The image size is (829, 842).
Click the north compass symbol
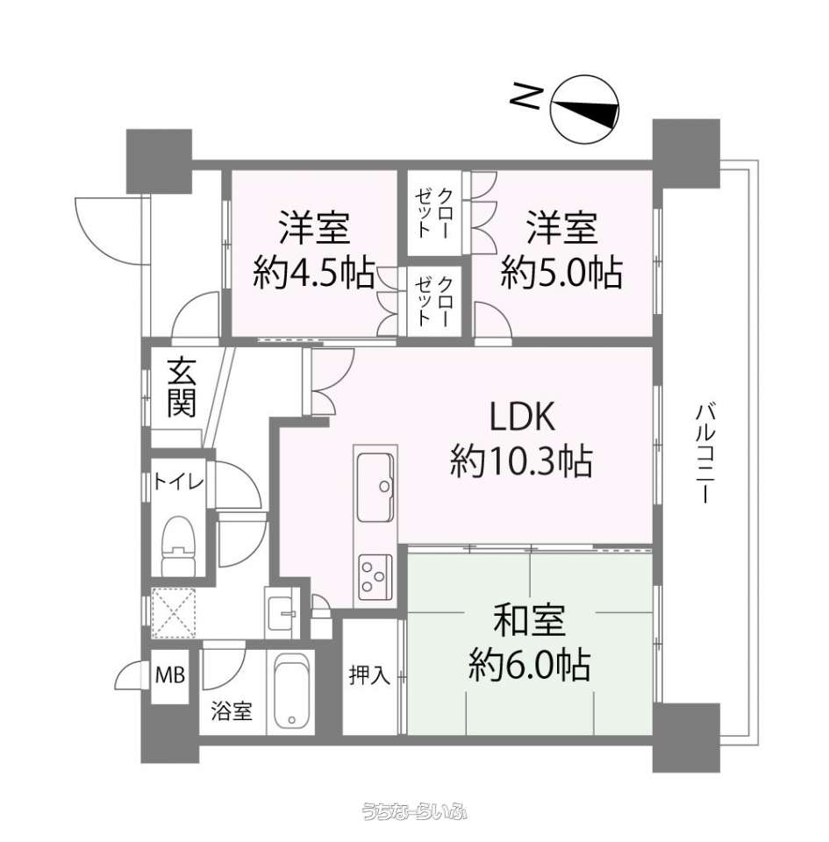point(585,109)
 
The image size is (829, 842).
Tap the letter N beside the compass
point(524,96)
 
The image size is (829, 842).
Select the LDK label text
point(521,417)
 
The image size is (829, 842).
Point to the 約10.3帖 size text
point(521,461)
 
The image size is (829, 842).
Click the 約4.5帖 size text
point(314,273)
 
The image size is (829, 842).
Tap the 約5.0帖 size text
point(561,273)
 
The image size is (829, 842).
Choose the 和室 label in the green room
point(529,621)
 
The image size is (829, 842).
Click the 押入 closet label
point(370,674)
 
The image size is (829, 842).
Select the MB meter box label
point(170,674)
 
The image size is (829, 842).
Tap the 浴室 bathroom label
point(232,711)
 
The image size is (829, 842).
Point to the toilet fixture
point(179,546)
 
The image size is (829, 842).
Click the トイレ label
point(178,482)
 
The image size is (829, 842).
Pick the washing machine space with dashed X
point(174,613)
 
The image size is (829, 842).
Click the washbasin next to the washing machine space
point(282,613)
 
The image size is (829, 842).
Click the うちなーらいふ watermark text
point(414,810)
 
